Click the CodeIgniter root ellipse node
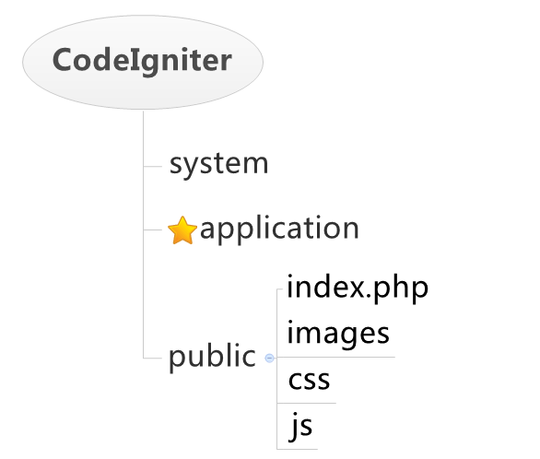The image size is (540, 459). coord(143,62)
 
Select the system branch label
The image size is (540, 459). coord(218,164)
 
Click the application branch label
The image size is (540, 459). coord(279,229)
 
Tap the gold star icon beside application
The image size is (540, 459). coord(182,230)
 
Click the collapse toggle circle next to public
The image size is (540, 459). coord(269,359)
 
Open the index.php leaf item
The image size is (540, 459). coord(358,288)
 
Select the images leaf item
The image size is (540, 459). coord(338,334)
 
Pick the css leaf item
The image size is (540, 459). coord(309,380)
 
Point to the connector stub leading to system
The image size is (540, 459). coord(153,166)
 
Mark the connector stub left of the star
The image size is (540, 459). coord(153,229)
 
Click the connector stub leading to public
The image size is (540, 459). coord(153,359)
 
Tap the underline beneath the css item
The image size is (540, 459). coord(307,403)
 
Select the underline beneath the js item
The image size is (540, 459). coord(298,449)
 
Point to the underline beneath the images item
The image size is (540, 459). coord(335,357)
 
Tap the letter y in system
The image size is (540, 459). coord(193,168)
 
